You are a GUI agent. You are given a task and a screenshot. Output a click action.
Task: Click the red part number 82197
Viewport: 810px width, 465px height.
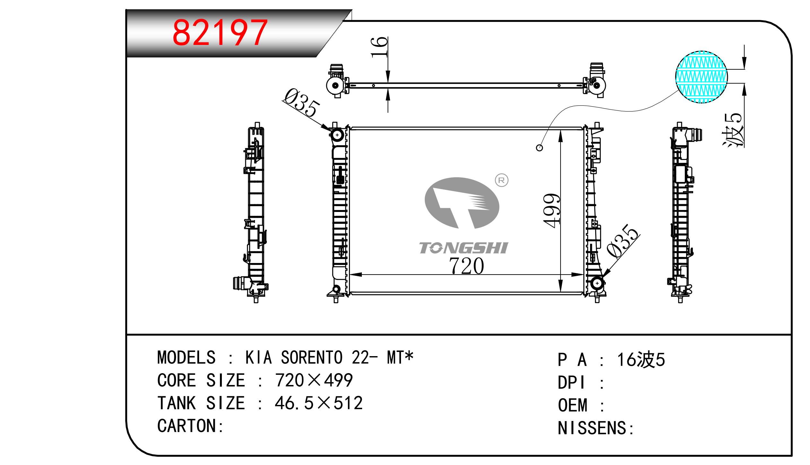[220, 33]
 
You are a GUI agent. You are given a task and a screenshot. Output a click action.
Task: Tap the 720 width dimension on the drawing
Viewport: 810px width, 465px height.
[466, 266]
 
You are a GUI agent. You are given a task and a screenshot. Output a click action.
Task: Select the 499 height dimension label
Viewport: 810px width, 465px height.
[552, 211]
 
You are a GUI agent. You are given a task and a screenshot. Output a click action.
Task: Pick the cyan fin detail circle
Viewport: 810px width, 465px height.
[701, 77]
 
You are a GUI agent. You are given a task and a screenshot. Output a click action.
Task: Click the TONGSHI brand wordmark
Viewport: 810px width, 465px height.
[464, 248]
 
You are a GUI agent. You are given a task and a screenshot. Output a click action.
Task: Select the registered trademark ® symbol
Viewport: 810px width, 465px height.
[501, 180]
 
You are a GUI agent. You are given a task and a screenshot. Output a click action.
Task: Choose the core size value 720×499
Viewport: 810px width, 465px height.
[314, 380]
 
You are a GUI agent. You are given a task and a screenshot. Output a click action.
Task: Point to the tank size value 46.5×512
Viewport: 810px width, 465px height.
[319, 403]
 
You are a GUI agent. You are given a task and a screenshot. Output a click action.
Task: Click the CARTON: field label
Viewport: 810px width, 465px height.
[190, 426]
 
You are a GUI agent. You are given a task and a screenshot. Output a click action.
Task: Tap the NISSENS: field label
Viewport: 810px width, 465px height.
[596, 428]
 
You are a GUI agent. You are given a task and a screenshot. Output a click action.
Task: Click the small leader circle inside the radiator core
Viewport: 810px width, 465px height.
[540, 148]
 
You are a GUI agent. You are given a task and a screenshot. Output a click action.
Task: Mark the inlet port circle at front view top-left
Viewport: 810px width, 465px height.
[337, 135]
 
